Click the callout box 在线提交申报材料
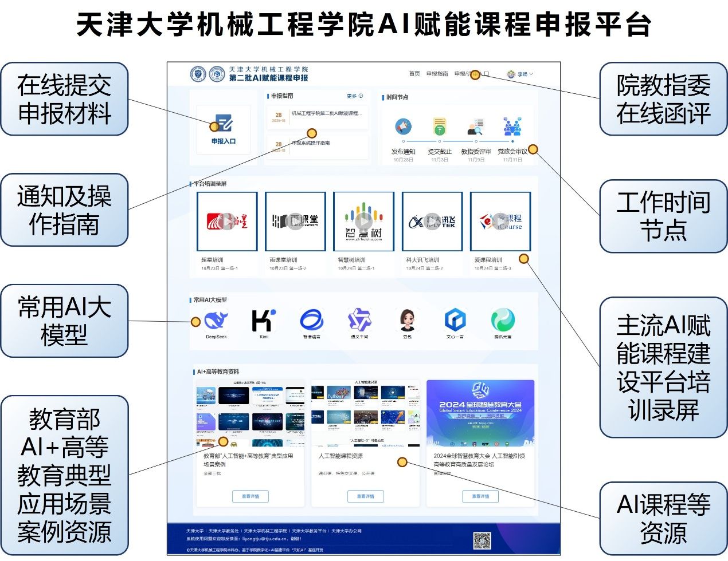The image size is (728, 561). tap(64, 99)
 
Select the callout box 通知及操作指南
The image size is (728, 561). tap(64, 210)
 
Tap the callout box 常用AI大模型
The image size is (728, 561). tap(64, 321)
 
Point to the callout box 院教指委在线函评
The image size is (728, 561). tap(663, 99)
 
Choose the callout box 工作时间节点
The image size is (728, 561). tap(663, 216)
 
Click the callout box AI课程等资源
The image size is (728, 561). tap(663, 519)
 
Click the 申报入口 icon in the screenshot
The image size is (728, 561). tap(224, 124)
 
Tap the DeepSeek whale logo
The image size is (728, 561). tap(216, 320)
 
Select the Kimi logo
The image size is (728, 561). tap(264, 320)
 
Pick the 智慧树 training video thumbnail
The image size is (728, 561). tap(363, 222)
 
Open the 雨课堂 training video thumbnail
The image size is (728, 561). tap(295, 222)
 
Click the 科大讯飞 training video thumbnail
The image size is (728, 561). tap(432, 222)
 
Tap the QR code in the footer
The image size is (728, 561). tap(482, 540)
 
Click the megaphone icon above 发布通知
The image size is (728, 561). tap(404, 127)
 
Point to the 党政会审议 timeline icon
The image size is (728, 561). tap(512, 127)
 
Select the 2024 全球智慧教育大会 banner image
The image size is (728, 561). tap(480, 413)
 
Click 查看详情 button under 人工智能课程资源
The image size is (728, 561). tap(365, 496)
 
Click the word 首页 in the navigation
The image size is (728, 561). tap(414, 74)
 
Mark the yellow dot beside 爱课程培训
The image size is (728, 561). tap(523, 259)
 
